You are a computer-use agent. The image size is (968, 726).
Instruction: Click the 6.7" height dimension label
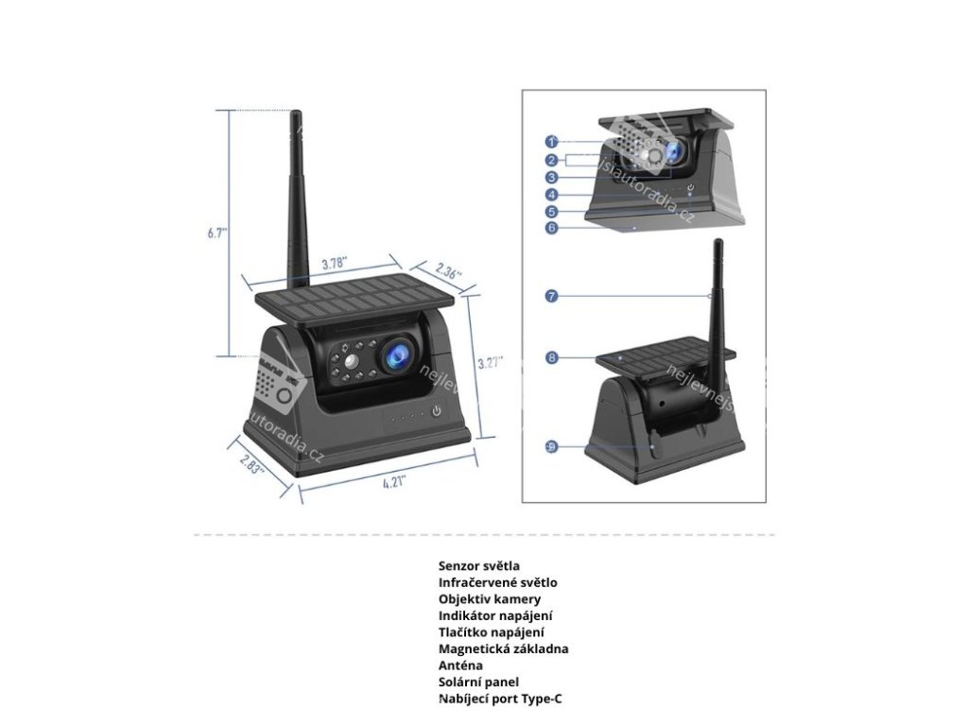click(x=217, y=233)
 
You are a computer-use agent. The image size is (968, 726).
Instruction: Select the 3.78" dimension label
click(x=332, y=264)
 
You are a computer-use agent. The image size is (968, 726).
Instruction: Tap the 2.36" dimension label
click(x=449, y=273)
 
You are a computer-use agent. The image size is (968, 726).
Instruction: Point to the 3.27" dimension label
click(x=490, y=362)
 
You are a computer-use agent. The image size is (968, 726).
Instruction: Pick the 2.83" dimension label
click(x=251, y=464)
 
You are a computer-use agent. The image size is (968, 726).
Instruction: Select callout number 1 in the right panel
click(x=551, y=142)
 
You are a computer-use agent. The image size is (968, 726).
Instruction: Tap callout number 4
click(x=551, y=195)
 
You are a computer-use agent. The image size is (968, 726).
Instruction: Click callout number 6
click(x=551, y=227)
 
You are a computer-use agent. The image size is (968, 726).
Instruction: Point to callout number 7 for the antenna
click(x=551, y=296)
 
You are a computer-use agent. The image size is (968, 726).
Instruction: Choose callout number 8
click(x=551, y=357)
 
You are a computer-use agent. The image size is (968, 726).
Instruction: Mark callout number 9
click(x=551, y=446)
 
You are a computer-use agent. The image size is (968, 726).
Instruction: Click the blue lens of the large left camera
click(x=394, y=354)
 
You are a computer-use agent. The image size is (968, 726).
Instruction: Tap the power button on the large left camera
click(x=437, y=411)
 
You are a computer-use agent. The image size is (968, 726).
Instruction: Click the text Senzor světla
click(x=478, y=566)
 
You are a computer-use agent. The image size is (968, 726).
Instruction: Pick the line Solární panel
click(x=478, y=682)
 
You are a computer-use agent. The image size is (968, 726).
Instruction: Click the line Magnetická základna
click(x=503, y=648)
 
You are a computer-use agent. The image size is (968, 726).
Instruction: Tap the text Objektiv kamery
click(x=490, y=599)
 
